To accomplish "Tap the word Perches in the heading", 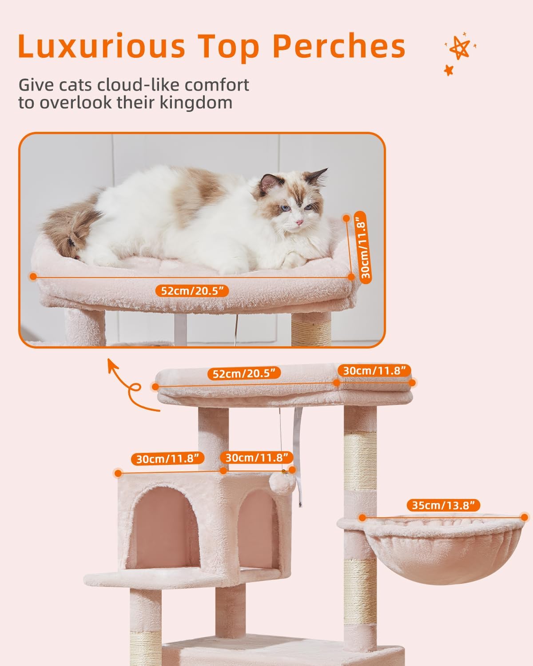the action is tap(339, 47).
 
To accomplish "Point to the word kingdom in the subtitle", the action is tap(196, 103).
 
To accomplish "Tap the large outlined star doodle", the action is tap(460, 48).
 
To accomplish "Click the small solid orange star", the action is tap(449, 70).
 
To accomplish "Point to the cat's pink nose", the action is tap(299, 222).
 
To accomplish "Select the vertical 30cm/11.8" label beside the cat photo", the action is tap(366, 248).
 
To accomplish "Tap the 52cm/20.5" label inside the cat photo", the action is tap(192, 291).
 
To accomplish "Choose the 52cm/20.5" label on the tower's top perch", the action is tap(244, 373).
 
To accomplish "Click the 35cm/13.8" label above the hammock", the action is tap(443, 505).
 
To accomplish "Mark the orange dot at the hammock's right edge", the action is tap(524, 517).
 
